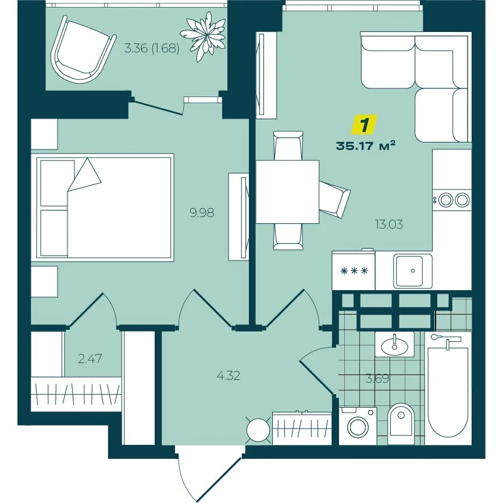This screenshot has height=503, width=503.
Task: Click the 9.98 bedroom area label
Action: (x=202, y=213)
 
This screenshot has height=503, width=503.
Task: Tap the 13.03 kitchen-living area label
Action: (x=389, y=224)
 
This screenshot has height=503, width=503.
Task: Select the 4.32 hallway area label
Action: (x=228, y=375)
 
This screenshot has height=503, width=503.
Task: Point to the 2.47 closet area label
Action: (x=90, y=358)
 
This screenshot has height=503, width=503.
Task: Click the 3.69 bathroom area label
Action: (x=377, y=379)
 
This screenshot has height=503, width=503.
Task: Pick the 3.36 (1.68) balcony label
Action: (x=151, y=48)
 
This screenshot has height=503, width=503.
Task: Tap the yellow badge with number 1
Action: (x=365, y=124)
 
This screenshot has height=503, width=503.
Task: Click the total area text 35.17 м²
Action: (x=365, y=146)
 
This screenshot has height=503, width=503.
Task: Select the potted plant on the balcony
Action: (x=203, y=36)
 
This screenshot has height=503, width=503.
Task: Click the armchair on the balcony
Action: (x=82, y=49)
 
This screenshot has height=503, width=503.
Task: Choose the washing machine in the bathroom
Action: (x=358, y=426)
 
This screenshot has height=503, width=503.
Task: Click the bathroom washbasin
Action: (x=395, y=344)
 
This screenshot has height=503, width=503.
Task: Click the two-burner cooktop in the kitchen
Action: (x=452, y=200)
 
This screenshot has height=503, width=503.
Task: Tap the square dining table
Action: (x=287, y=192)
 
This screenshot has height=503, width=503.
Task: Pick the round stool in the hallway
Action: (x=258, y=430)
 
